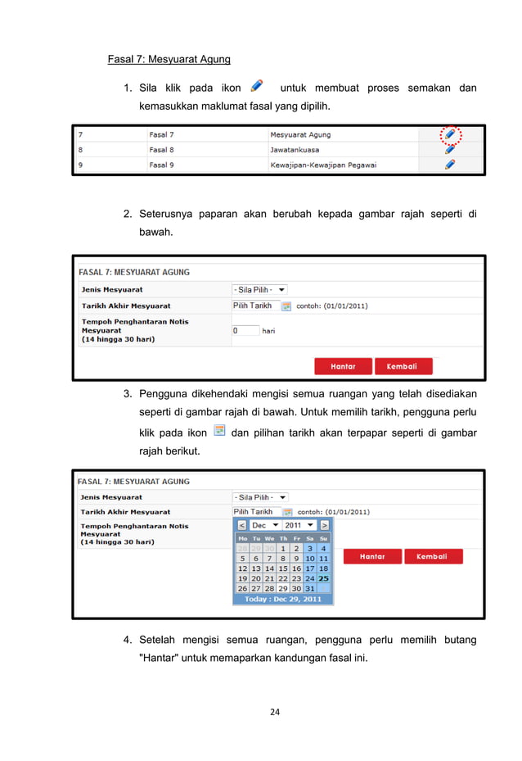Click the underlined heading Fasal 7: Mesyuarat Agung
pos(169,59)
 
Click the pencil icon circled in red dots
pos(449,134)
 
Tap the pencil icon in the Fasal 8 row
pos(449,150)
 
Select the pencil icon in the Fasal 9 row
pos(449,165)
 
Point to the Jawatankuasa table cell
pos(295,150)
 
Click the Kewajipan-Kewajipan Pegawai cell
pos(322,165)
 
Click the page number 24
pos(275,711)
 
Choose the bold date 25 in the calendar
pos(323,578)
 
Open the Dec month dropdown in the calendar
pos(265,525)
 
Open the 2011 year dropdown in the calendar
pos(297,525)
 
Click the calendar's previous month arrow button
pos(241,525)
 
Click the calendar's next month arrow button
pos(325,525)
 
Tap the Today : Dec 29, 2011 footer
pos(283,599)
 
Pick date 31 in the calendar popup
pos(309,588)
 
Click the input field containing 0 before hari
pos(245,331)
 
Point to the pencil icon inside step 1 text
pos(257,85)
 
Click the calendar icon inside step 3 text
pos(218,430)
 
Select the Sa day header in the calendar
pos(310,538)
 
